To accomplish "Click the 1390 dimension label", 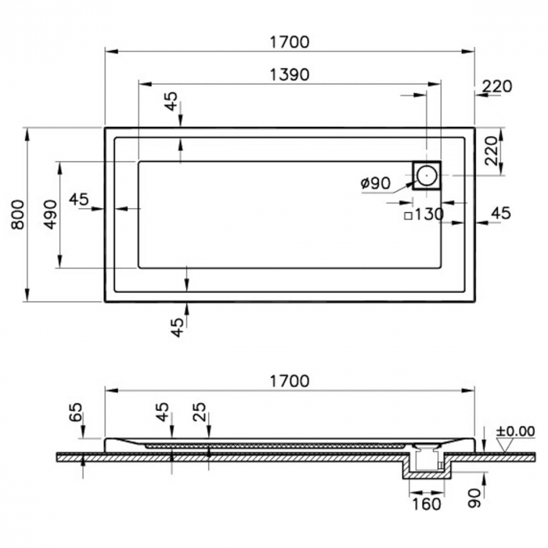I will [290, 75].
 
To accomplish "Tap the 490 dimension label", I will [50, 215].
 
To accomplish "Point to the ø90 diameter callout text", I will [376, 182].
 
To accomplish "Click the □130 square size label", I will [424, 215].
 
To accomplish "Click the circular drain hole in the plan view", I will [427, 175].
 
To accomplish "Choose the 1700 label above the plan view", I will [290, 42].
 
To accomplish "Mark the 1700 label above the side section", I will [290, 381].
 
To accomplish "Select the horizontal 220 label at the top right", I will [496, 86].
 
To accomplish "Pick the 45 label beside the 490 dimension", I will [79, 199].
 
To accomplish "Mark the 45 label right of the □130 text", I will [500, 212].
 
